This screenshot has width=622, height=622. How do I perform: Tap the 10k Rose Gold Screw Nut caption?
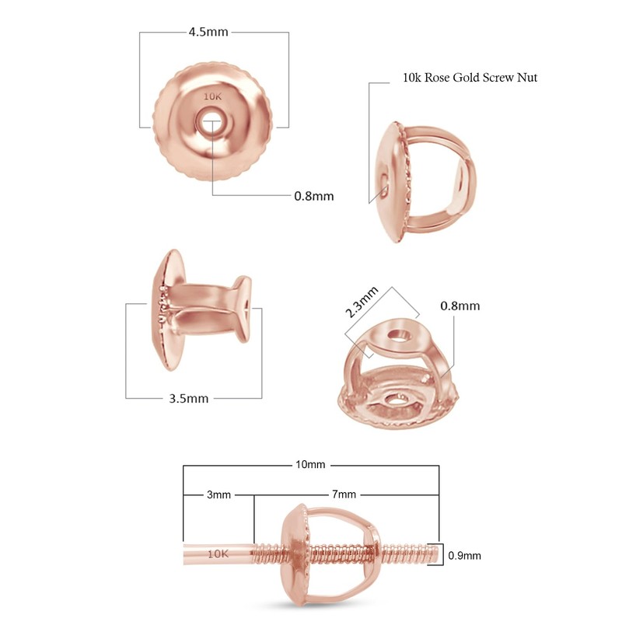pos(470,78)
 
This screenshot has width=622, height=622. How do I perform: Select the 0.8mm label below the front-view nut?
pos(313,196)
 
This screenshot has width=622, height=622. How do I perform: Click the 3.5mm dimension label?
pos(188,399)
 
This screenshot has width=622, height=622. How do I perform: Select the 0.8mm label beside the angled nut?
pos(460,306)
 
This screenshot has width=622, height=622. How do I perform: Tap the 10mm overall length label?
pos(310,465)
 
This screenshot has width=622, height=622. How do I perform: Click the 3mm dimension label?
pos(218,494)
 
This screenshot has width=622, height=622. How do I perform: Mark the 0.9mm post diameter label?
pos(465,555)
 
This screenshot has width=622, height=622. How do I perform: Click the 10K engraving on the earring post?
pos(218,554)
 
